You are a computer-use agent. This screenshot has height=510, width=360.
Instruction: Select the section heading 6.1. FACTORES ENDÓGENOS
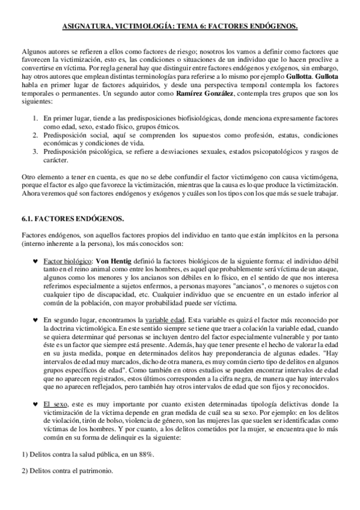pos(64,221)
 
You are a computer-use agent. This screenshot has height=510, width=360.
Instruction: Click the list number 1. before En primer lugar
pos(35,119)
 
